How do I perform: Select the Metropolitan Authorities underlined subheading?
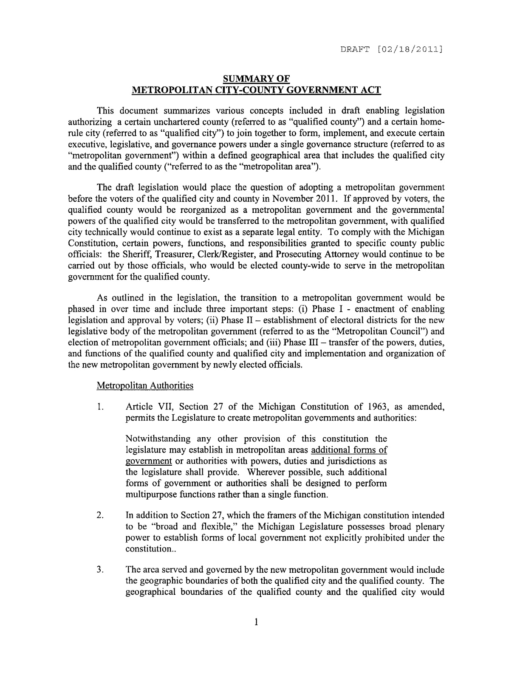(145, 385)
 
